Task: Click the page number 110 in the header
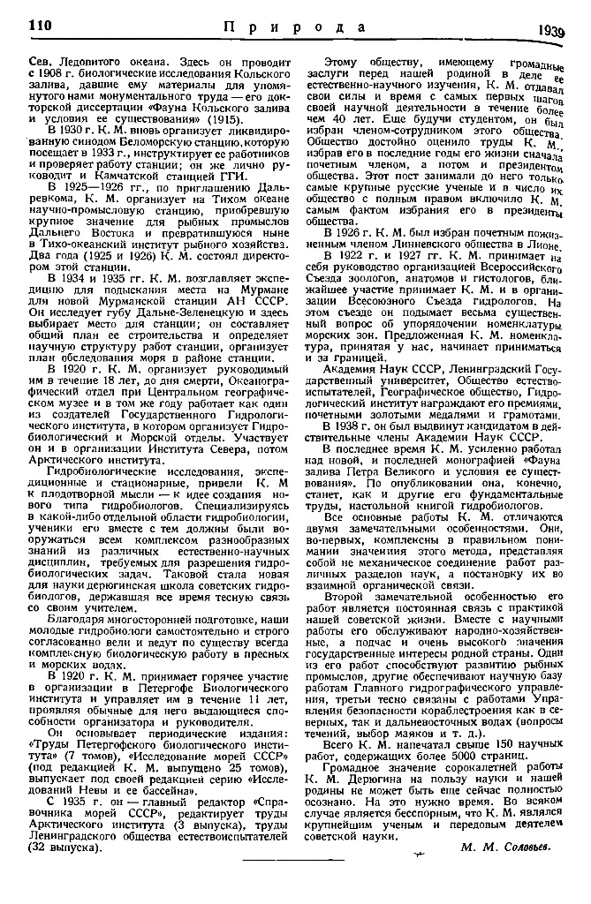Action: (42, 25)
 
